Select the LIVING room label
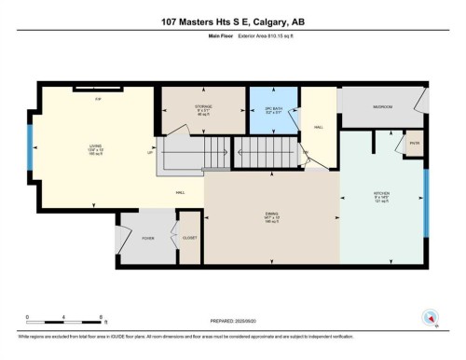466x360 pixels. [x=94, y=146]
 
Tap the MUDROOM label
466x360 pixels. [x=381, y=107]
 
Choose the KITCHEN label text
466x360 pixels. [x=382, y=198]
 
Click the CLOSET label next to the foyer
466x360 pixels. [x=189, y=238]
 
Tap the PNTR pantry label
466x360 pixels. [x=415, y=144]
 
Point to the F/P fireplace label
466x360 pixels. [x=96, y=100]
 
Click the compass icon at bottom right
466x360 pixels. [x=430, y=316]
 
